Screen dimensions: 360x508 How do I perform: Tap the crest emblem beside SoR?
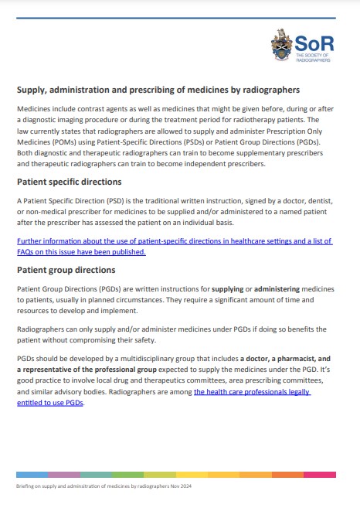pyautogui.click(x=281, y=45)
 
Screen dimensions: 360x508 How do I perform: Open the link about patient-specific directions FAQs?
pyautogui.click(x=175, y=246)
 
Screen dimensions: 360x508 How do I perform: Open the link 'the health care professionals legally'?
pyautogui.click(x=252, y=392)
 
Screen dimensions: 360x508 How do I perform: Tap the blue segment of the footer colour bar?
pyautogui.click(x=32, y=474)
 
